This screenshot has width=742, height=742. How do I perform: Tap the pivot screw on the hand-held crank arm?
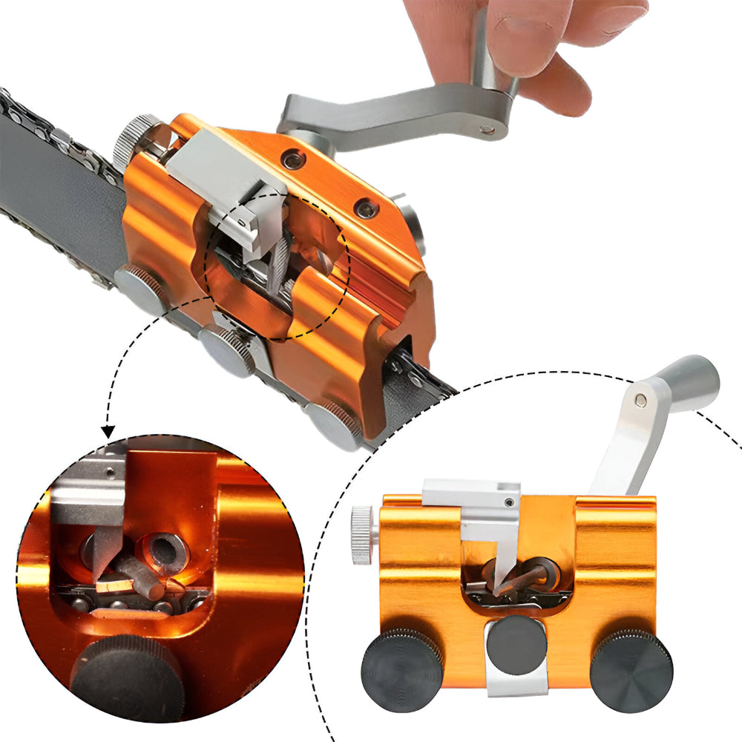pyautogui.click(x=486, y=130)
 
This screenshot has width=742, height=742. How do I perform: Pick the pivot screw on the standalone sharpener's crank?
pyautogui.click(x=640, y=401)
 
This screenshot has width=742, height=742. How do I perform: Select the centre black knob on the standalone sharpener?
pyautogui.click(x=517, y=645)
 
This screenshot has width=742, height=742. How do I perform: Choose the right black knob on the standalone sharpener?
pyautogui.click(x=631, y=671)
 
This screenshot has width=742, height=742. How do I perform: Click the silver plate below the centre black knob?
pyautogui.click(x=516, y=683)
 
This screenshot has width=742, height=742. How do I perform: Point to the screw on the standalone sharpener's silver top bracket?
pyautogui.click(x=508, y=502)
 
